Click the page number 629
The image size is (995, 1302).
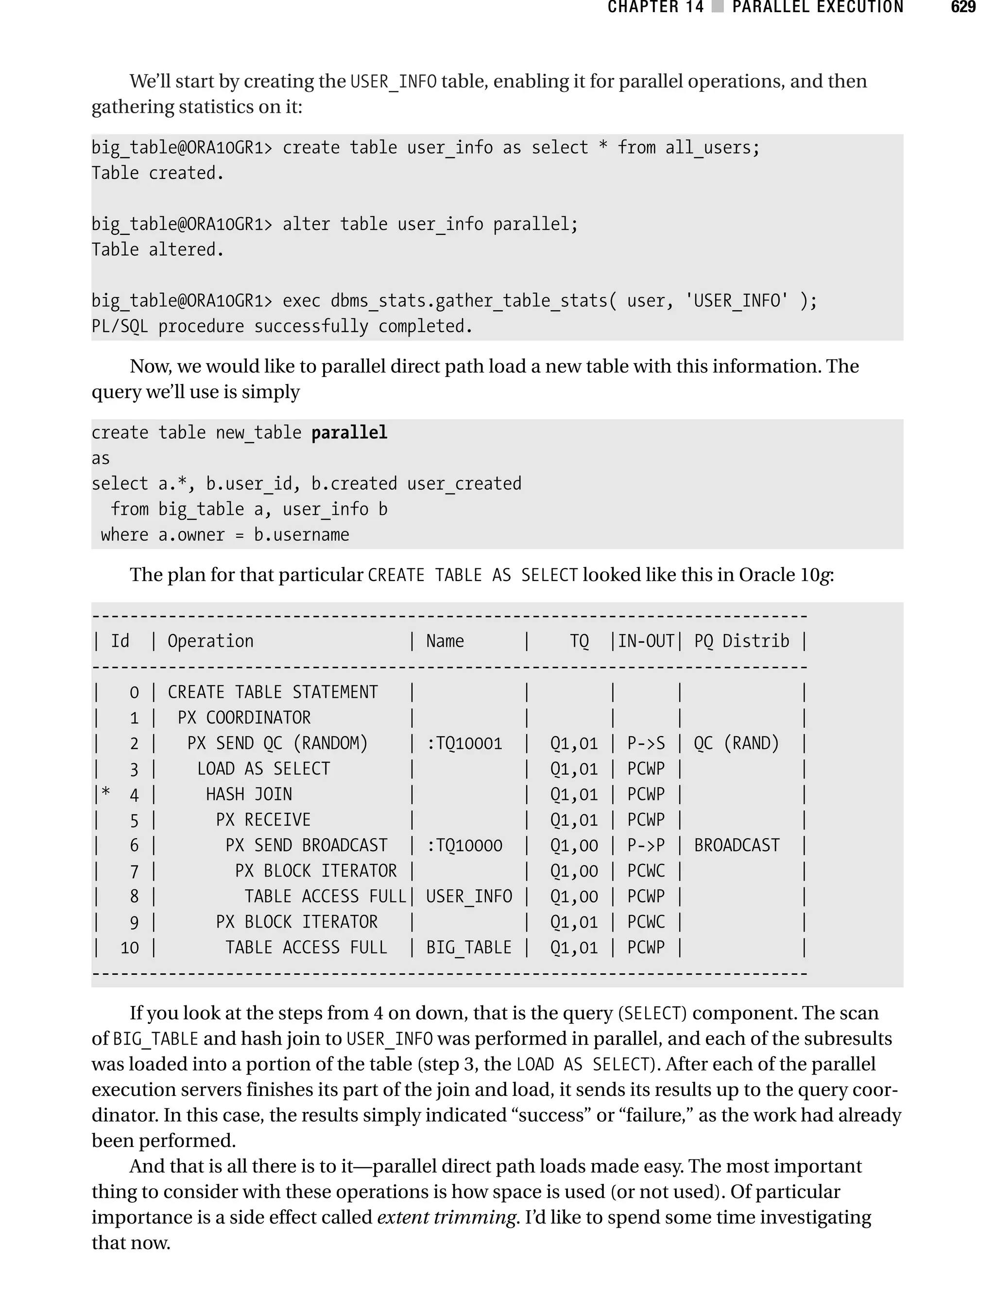[962, 7]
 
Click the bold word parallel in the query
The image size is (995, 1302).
[349, 433]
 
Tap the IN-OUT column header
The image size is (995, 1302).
[646, 641]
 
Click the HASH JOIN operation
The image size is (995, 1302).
[249, 794]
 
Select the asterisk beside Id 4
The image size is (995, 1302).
[105, 793]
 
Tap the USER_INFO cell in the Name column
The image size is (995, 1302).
[468, 896]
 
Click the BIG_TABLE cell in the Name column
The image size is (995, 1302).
[468, 947]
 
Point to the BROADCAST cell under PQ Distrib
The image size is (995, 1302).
[736, 845]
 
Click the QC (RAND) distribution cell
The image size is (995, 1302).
[736, 743]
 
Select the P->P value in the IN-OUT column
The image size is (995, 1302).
[646, 845]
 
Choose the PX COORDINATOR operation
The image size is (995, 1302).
[244, 718]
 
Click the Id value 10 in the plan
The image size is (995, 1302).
[130, 948]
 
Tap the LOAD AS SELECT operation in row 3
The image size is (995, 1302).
[263, 769]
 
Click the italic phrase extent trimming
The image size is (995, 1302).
[446, 1217]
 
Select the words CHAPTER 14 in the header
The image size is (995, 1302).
[655, 7]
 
